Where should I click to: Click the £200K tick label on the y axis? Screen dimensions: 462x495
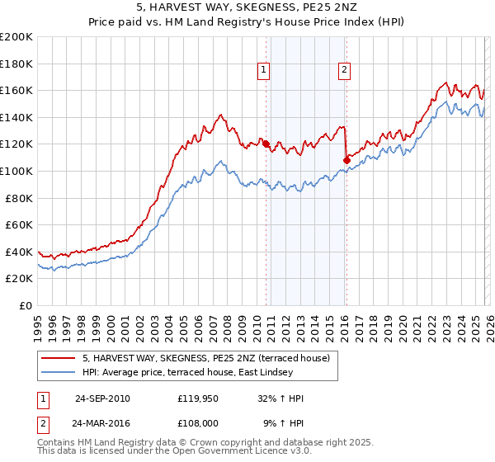tap(16, 37)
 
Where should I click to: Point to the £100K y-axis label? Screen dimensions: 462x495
tap(16, 171)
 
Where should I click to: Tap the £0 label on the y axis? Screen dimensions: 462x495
tap(25, 305)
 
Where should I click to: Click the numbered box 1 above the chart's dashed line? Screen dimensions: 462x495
tap(263, 71)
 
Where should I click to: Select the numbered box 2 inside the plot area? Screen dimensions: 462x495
tap(342, 71)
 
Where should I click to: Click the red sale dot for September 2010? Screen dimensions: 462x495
tap(266, 144)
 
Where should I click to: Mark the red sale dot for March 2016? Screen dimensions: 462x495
tap(346, 159)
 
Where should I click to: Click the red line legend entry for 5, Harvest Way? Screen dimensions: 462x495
tap(206, 358)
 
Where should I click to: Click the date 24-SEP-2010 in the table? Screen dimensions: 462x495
tap(102, 398)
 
